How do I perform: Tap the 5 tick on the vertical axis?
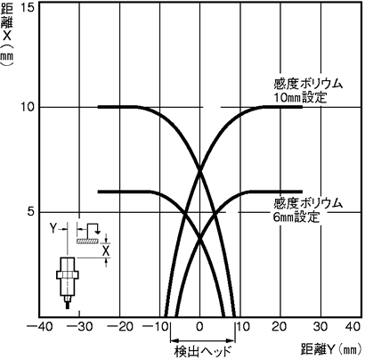click(31, 212)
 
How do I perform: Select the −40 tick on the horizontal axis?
click(40, 327)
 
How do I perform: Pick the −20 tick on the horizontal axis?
click(120, 327)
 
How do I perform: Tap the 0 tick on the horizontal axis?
click(199, 327)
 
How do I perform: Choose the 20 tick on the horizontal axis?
click(280, 327)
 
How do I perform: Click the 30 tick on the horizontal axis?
click(320, 327)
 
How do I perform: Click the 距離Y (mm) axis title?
click(331, 350)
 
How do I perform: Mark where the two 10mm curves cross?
click(199, 170)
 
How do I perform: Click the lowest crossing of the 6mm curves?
click(199, 239)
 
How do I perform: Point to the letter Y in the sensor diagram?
click(53, 228)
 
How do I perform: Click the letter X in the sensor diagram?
click(106, 251)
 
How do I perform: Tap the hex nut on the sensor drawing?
click(68, 274)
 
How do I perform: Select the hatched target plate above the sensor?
click(87, 241)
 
